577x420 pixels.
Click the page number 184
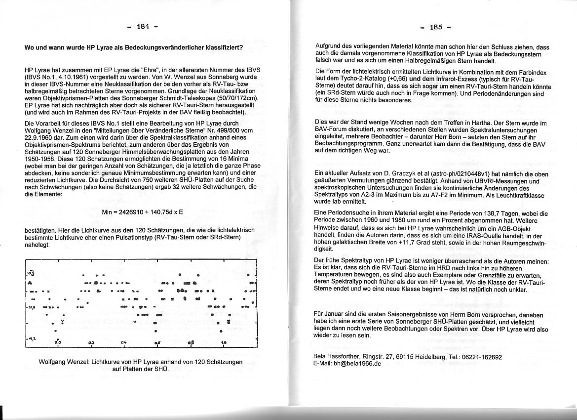pyautogui.click(x=143, y=27)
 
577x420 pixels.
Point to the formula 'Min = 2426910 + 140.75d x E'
pyautogui.click(x=143, y=212)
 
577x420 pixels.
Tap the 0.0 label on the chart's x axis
pyautogui.click(x=58, y=342)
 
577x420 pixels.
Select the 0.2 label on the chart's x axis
pyautogui.click(x=91, y=342)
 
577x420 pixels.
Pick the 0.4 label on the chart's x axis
pyautogui.click(x=123, y=342)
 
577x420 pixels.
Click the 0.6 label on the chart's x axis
pyautogui.click(x=157, y=342)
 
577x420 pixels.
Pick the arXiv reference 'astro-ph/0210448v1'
pyautogui.click(x=459, y=173)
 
